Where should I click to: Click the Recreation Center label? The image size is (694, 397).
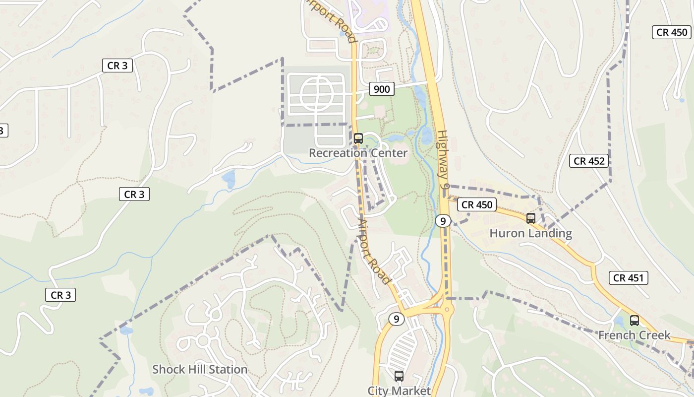[358, 153]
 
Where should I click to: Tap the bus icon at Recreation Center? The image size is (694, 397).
[358, 138]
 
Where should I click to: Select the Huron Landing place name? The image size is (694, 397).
[530, 233]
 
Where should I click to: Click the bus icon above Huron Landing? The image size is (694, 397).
[531, 218]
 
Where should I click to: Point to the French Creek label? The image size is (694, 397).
[634, 335]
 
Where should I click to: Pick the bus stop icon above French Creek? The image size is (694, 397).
[634, 320]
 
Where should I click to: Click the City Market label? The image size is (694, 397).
[399, 391]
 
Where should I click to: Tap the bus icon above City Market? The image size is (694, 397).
[399, 376]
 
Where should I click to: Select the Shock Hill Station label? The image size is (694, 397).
[200, 369]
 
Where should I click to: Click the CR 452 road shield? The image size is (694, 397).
[589, 161]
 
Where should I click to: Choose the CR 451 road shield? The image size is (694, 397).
[629, 278]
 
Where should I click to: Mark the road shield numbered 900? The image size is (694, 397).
[381, 89]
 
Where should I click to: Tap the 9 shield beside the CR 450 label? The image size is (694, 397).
[443, 220]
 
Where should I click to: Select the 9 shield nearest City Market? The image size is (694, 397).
[396, 319]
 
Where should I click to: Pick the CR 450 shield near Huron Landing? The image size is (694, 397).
[477, 204]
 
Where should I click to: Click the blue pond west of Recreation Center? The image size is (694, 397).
[229, 179]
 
